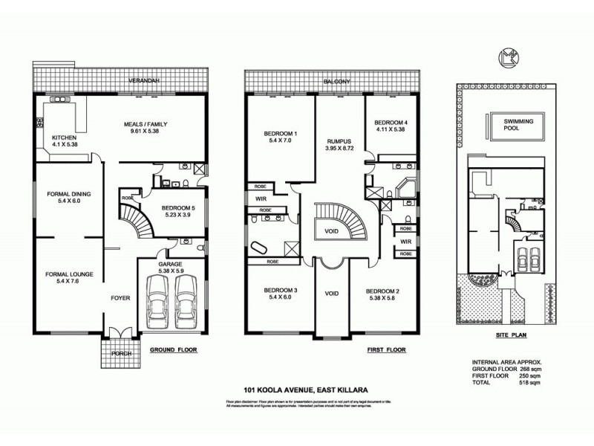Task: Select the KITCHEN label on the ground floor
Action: [x=63, y=138]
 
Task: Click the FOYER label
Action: [x=120, y=298]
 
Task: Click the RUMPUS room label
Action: [x=339, y=141]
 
